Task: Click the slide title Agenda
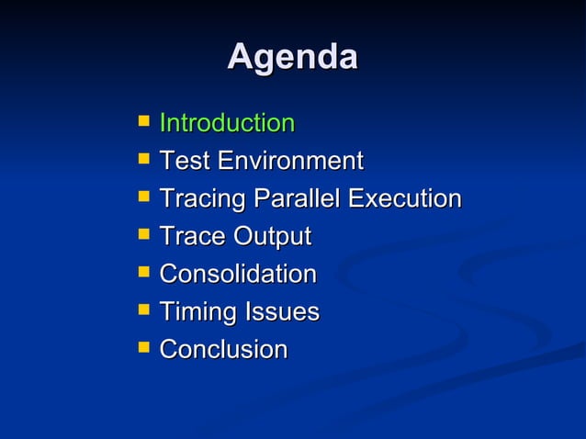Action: point(292,57)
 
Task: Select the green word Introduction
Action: point(227,123)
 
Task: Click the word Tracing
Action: point(203,199)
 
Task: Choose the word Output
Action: point(272,237)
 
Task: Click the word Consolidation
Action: point(238,274)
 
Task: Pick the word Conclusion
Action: point(223,350)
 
